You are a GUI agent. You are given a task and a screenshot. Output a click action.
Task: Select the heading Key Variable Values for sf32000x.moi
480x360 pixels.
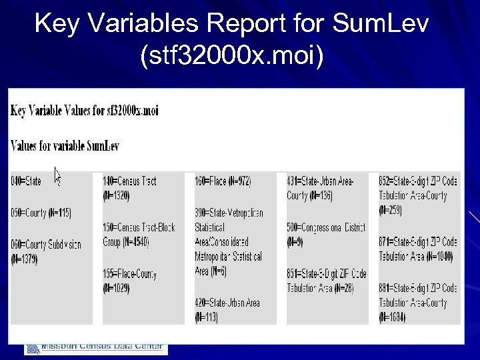pos(84,110)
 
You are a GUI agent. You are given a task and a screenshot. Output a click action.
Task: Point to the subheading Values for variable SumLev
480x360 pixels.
pos(65,145)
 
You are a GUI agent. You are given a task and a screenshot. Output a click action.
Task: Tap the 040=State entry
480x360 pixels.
pos(26,181)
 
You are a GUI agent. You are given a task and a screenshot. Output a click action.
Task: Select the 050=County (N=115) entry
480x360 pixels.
pos(40,213)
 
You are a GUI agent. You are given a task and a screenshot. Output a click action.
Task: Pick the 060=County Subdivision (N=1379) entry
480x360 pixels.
pos(45,251)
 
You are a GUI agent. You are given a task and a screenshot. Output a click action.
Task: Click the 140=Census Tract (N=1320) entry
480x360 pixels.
pos(129,188)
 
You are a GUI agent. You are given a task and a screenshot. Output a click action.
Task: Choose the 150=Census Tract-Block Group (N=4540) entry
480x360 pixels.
pos(139,235)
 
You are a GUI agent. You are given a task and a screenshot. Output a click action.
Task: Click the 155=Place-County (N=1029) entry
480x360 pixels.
pos(130,281)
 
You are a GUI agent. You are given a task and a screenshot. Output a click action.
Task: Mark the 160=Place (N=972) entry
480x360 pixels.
pos(223,181)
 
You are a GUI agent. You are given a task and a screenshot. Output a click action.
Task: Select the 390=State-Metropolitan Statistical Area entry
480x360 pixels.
pos(229,241)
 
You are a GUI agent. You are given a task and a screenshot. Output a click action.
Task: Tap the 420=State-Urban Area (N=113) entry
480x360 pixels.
pos(227,310)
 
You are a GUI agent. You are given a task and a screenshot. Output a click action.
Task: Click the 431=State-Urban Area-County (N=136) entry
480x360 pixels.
pos(320,188)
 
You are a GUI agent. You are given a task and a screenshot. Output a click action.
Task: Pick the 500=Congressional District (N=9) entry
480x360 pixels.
pos(325,235)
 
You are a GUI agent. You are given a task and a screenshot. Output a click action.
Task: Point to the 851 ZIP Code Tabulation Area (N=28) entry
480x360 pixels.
pos(326,281)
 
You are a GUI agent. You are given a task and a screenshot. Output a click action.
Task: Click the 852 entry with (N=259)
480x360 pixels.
pos(417,195)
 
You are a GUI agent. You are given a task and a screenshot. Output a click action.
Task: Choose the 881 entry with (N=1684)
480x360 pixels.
pos(417,302)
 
